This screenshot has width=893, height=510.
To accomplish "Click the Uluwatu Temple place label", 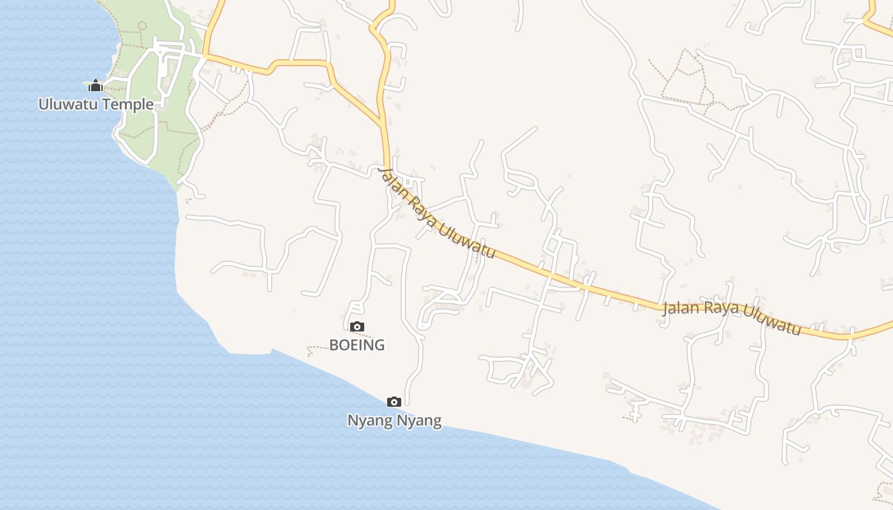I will pos(96,104).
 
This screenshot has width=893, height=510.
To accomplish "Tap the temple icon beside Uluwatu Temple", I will pos(96,85).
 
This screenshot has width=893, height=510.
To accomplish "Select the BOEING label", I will pos(357,345).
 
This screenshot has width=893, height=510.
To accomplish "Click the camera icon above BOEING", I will pos(357,327).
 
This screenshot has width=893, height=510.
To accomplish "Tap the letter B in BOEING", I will pos(334,345).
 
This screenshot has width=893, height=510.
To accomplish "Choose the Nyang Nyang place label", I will pos(394,421).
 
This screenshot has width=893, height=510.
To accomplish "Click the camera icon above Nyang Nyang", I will pos(394,402).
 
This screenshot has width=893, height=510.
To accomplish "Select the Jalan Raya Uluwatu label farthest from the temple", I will pos(732,317).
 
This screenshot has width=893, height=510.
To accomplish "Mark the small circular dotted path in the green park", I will pos(142,25).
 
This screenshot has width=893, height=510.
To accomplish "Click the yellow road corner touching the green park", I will pos(204,55).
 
